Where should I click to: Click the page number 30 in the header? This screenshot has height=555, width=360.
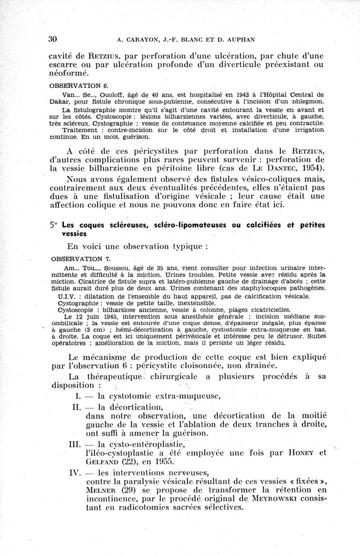click(53, 39)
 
